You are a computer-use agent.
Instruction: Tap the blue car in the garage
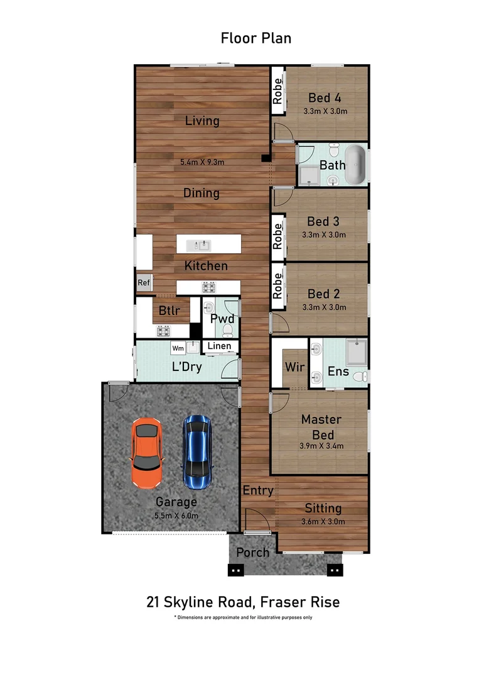(x=197, y=452)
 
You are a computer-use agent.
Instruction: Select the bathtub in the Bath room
(x=355, y=165)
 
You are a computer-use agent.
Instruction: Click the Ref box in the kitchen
(x=144, y=283)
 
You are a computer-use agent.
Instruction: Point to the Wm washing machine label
(x=178, y=348)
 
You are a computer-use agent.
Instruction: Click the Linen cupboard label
(x=219, y=346)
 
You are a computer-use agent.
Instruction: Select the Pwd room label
(x=222, y=319)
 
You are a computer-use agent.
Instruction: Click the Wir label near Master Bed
(x=294, y=367)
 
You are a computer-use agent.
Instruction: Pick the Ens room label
(x=338, y=372)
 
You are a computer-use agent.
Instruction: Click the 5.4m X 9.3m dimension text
(x=202, y=162)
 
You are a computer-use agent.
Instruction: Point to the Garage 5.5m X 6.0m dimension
(x=176, y=516)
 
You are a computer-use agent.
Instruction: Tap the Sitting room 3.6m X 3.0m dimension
(x=323, y=521)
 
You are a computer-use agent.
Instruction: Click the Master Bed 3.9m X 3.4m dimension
(x=321, y=446)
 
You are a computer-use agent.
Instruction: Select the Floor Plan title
(x=256, y=38)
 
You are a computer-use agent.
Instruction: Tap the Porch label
(x=252, y=553)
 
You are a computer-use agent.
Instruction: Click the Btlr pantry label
(x=169, y=311)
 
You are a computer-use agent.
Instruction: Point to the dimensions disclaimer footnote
(x=243, y=617)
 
